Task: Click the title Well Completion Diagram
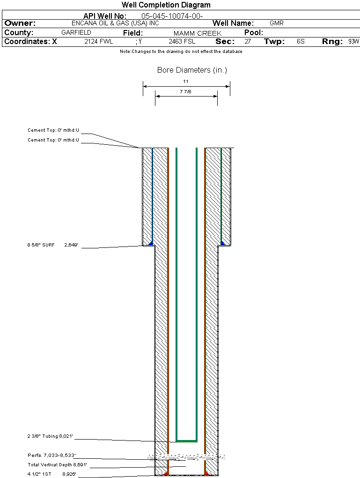point(166,5)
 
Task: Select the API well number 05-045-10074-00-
point(172,16)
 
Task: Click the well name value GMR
point(277,23)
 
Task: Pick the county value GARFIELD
point(76,33)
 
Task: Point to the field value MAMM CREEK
point(197,33)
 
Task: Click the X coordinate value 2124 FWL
point(98,42)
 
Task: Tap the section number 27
point(248,42)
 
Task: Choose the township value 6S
point(301,42)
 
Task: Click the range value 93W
point(353,42)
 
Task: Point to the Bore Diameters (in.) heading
point(192,70)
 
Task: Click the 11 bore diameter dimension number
point(186,82)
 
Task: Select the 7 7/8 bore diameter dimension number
point(186,92)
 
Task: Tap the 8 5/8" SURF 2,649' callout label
point(55,245)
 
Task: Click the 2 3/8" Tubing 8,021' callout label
point(50,436)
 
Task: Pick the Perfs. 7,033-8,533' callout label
point(51,455)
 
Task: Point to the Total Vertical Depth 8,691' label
point(57,464)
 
